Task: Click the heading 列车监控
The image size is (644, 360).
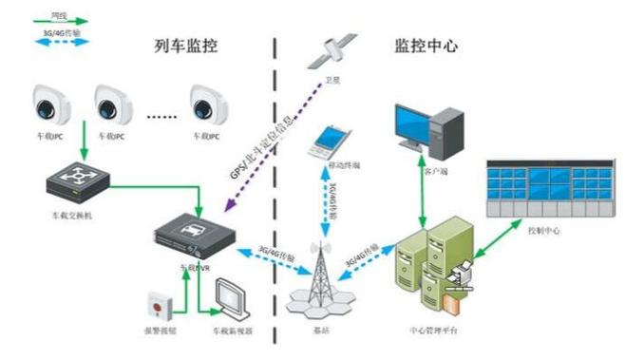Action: tap(187, 46)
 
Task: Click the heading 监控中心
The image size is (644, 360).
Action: tap(426, 45)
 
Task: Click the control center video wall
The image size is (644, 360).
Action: tap(549, 184)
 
